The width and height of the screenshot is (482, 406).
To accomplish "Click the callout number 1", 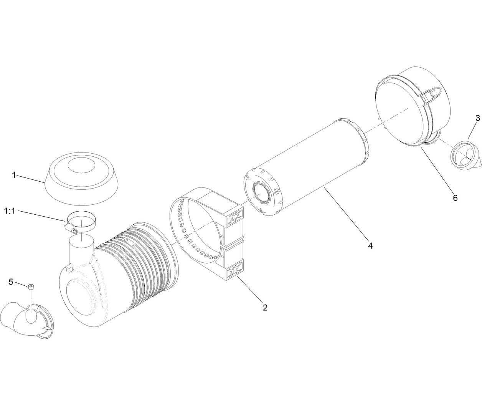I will point(14,175).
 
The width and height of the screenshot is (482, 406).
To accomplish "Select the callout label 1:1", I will point(10,211).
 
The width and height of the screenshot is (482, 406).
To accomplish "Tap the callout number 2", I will point(265,307).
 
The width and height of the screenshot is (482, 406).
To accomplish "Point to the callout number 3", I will point(477,118).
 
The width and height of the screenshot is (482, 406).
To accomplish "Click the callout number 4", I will point(370,245).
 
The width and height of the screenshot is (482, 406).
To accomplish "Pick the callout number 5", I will point(11,282).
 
